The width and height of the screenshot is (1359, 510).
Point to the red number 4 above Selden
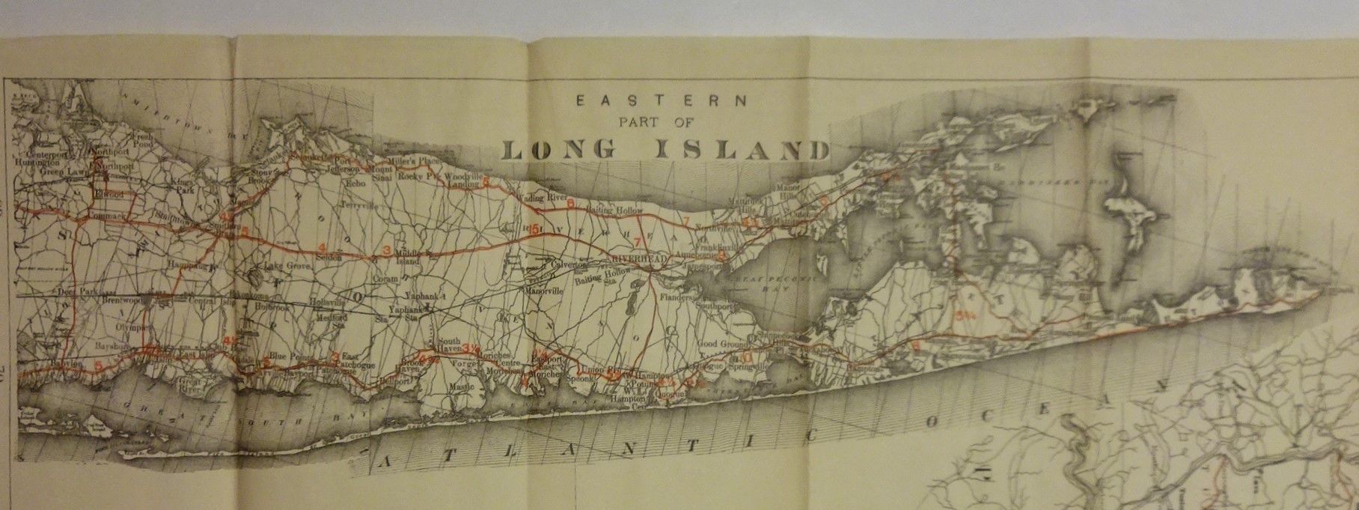pyautogui.click(x=323, y=247)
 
